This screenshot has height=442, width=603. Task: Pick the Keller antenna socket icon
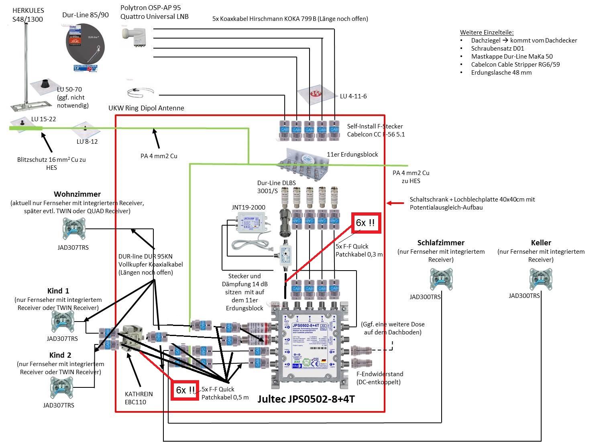coord(540,279)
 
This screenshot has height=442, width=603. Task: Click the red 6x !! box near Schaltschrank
coord(366,223)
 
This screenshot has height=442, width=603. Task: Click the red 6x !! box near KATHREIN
coord(185,390)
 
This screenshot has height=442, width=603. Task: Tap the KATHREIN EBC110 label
coord(139,398)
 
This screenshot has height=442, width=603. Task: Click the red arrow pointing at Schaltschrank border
coord(395,203)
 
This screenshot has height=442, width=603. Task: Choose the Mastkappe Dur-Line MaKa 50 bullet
coord(511,56)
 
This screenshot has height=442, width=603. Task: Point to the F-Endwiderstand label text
coord(379,374)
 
